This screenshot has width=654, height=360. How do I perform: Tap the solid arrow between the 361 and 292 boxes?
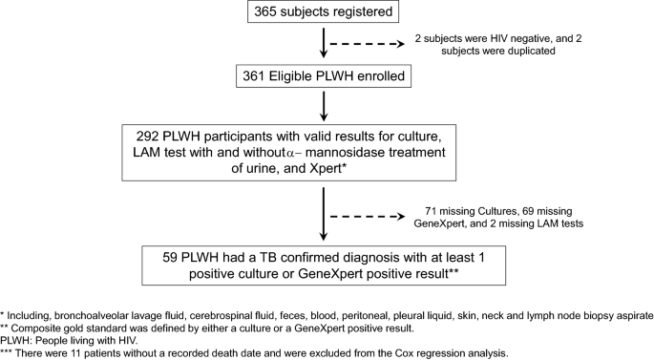coord(326,102)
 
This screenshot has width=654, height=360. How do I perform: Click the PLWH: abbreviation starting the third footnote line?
coord(17,341)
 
